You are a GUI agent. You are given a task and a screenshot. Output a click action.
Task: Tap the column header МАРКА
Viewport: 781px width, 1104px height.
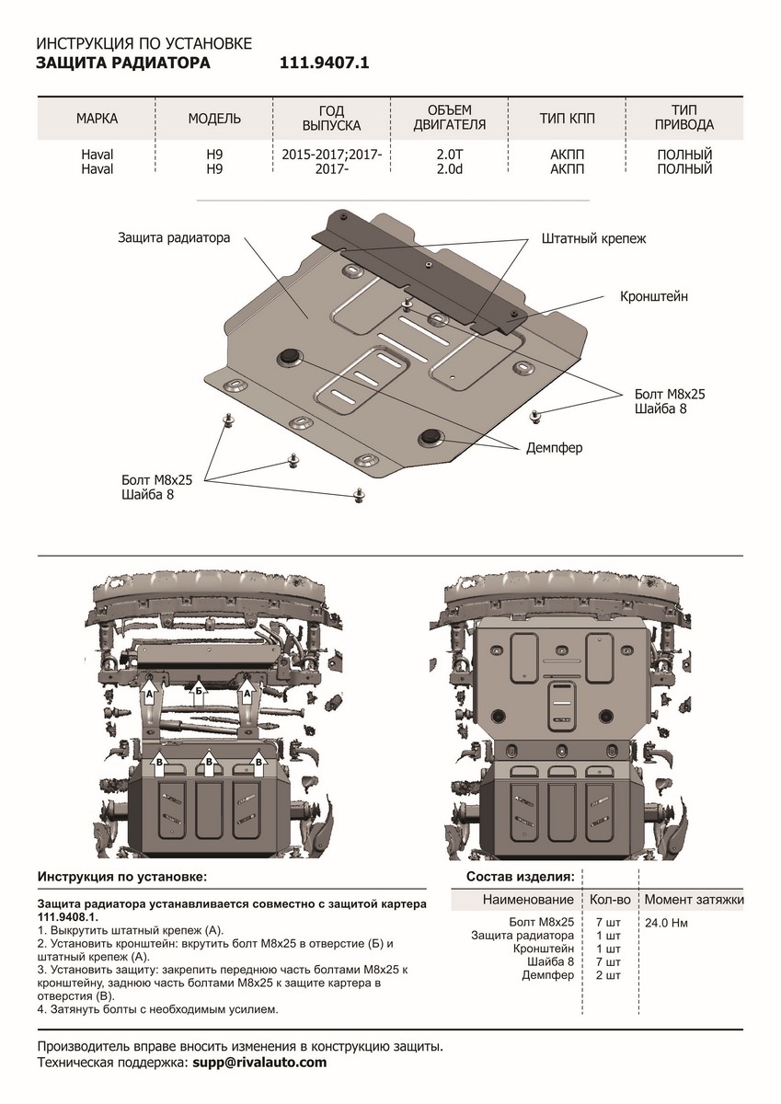98,119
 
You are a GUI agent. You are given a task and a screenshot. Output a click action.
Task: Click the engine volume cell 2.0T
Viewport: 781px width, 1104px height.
450,155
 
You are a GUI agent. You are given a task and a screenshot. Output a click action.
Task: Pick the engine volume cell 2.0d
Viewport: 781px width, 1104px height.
450,169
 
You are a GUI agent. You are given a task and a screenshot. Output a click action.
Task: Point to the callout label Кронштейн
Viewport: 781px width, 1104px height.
653,297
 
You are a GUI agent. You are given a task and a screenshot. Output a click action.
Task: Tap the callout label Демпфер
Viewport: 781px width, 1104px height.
554,448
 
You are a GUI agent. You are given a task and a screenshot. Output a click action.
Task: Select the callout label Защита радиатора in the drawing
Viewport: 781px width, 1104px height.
173,237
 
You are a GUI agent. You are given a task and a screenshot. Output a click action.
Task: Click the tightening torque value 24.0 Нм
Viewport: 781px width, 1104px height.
667,923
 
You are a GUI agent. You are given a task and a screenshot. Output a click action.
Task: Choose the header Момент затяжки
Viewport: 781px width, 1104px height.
694,899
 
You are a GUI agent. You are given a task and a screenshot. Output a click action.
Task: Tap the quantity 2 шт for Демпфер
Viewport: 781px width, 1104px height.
608,974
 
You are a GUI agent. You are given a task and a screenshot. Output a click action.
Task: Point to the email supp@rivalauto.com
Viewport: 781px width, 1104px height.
259,1063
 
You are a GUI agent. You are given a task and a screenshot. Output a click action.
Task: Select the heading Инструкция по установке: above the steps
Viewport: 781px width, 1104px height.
122,875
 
